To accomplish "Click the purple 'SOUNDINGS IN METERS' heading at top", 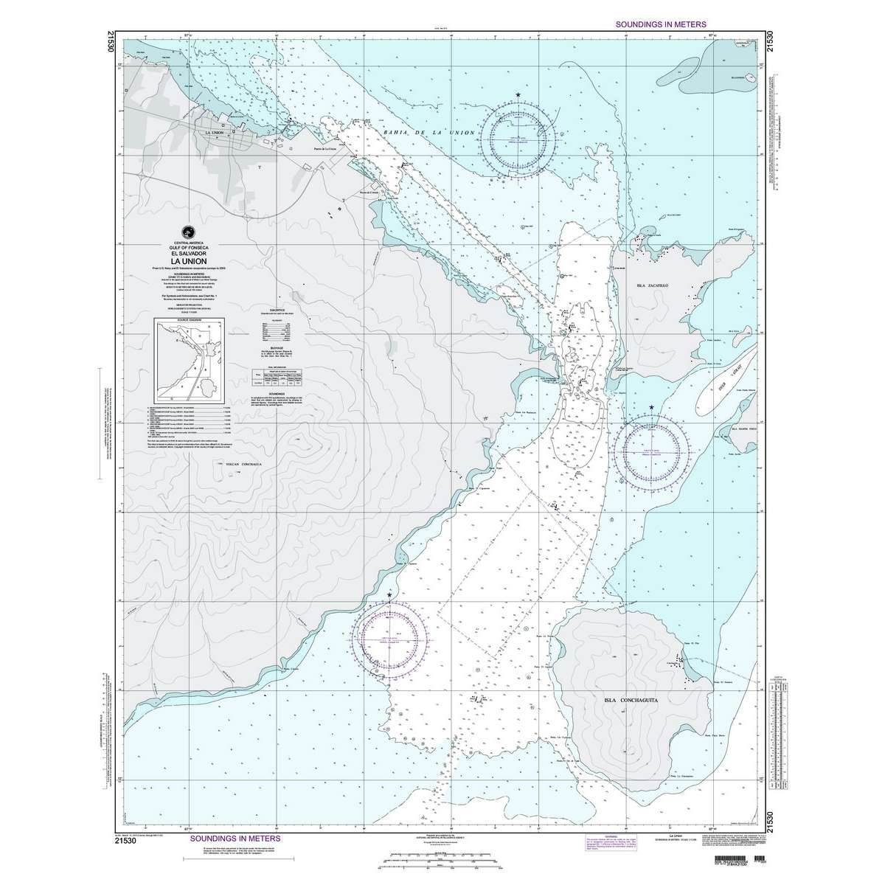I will (x=660, y=24).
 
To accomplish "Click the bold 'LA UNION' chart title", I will (x=190, y=260).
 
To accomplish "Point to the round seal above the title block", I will (x=190, y=230).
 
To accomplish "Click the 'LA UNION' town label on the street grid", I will (x=216, y=132).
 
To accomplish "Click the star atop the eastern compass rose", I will (x=652, y=408).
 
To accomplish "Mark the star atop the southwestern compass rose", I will (x=390, y=594).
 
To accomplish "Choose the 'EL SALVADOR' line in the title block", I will (x=190, y=254).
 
